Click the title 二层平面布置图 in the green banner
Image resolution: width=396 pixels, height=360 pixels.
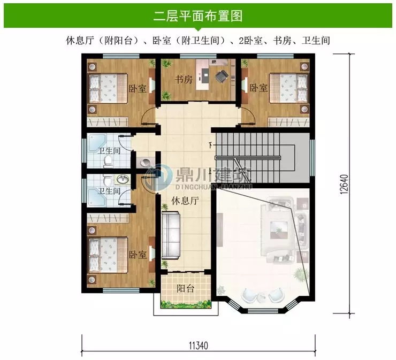point(197,16)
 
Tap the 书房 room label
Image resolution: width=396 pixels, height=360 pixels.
point(184,80)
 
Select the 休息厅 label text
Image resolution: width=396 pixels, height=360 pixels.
point(185,201)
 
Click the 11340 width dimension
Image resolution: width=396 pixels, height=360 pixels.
point(198,345)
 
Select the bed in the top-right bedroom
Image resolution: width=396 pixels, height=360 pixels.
point(289,87)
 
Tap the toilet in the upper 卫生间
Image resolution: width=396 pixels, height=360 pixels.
point(108,160)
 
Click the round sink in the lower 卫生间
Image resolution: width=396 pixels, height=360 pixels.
point(123,179)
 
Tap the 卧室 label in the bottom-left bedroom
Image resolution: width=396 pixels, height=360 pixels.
point(138,255)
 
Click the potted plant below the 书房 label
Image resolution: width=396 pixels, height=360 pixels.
point(167,95)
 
